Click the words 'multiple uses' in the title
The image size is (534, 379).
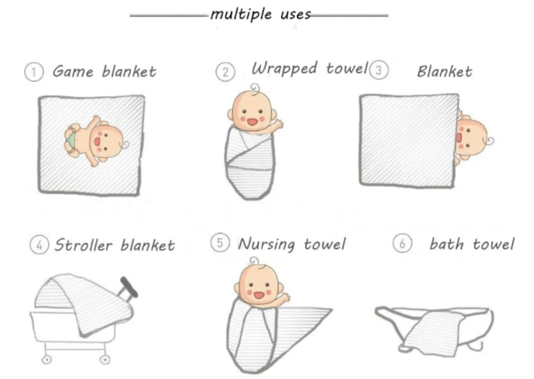(261, 15)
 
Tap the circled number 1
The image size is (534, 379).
(34, 72)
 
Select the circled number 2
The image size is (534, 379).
(225, 72)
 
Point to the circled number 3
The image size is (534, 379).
(378, 70)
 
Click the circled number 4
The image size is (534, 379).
(40, 245)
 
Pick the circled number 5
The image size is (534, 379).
(220, 243)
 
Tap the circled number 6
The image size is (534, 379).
(403, 244)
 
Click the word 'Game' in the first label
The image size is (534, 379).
(72, 71)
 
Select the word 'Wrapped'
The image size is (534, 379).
(285, 68)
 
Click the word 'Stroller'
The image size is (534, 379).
(83, 245)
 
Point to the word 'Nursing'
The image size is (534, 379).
(266, 244)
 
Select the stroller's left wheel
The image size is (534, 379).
(47, 360)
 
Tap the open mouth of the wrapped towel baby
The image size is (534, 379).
(252, 122)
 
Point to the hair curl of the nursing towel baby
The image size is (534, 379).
(254, 261)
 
